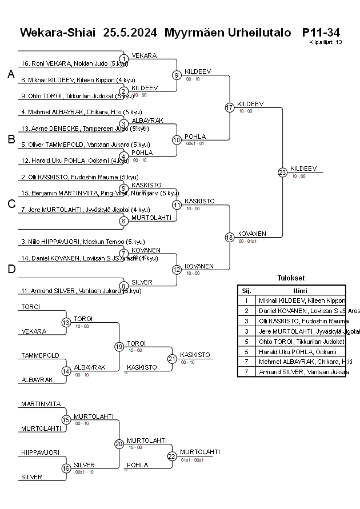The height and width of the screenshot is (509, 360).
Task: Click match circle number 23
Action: click(x=282, y=172)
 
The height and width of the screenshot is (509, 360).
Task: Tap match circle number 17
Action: click(x=230, y=107)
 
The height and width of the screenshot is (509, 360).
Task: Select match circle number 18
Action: click(x=230, y=237)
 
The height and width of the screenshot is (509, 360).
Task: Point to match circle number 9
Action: click(x=177, y=75)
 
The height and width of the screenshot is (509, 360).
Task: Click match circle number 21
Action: click(x=172, y=359)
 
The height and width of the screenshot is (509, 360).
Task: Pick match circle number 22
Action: click(x=172, y=456)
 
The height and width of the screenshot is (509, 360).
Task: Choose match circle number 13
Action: click(x=66, y=323)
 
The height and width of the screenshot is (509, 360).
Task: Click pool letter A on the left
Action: click(x=11, y=75)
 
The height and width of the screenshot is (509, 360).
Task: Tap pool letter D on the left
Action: click(x=11, y=270)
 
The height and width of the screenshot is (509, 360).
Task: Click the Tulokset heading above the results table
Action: click(x=291, y=278)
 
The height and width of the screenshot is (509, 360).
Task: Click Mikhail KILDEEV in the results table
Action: click(x=302, y=300)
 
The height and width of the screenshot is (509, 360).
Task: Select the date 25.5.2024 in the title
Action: click(x=130, y=33)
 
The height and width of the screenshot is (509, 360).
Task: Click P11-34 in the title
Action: click(x=321, y=33)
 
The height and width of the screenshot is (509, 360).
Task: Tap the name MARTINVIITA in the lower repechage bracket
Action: click(x=41, y=404)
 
